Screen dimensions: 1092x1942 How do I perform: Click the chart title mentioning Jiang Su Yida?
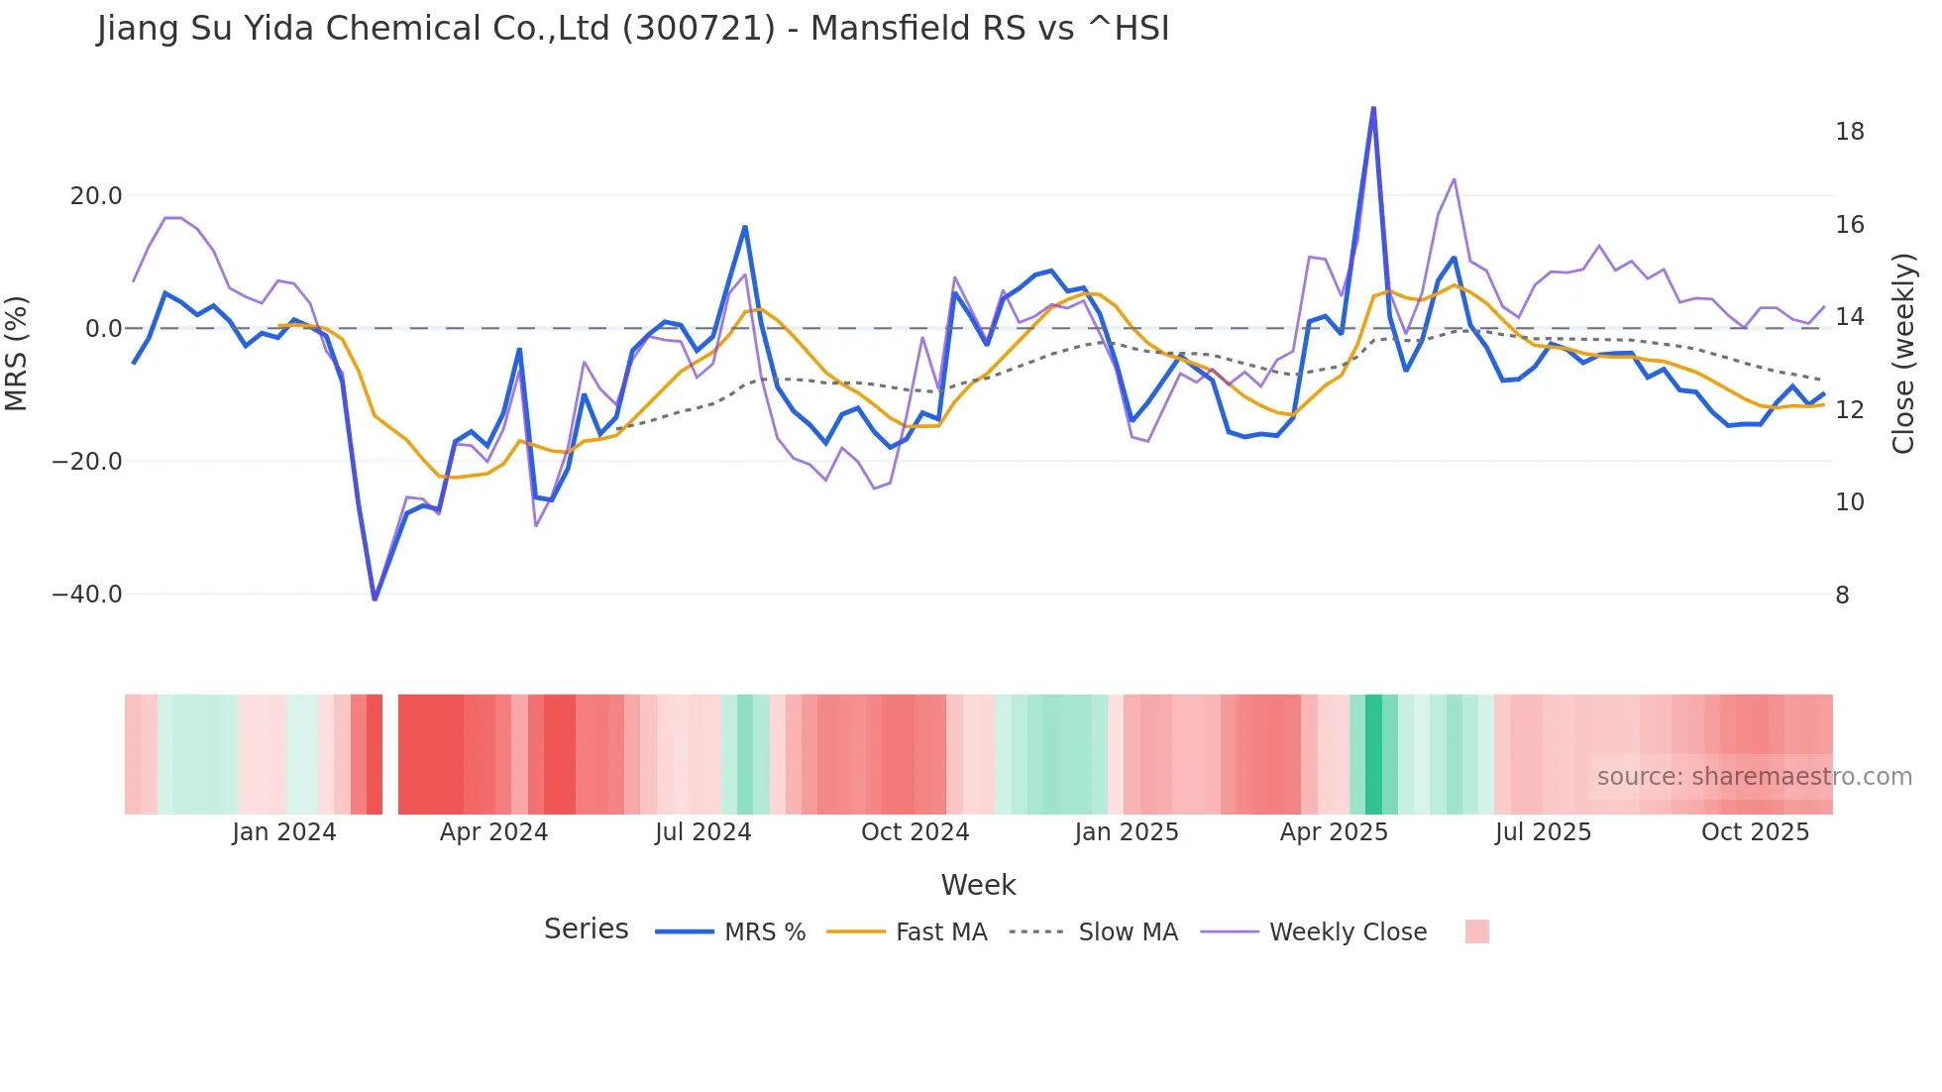tap(633, 29)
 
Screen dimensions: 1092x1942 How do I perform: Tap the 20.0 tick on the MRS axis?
tap(96, 196)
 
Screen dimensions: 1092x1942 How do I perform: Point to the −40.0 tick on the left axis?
tap(88, 595)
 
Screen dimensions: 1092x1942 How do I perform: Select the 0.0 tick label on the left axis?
tap(103, 329)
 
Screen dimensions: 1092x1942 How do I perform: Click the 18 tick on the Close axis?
tap(1850, 132)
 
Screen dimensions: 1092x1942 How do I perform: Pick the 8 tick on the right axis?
tap(1843, 596)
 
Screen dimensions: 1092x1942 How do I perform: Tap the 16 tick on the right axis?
tap(1850, 225)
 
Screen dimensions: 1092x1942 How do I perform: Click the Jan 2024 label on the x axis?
tap(284, 832)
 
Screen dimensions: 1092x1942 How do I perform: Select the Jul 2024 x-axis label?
tap(703, 832)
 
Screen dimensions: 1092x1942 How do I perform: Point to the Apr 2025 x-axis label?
tap(1334, 832)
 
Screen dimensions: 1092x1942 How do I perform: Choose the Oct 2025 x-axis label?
tap(1755, 832)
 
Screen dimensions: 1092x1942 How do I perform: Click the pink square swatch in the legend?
tap(1476, 931)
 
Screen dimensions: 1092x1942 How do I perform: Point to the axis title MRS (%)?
tap(17, 353)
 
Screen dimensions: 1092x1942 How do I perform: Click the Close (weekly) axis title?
tap(1903, 354)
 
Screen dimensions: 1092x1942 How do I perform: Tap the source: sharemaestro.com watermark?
tap(1754, 777)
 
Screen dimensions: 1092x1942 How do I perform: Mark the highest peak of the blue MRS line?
tap(1373, 108)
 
